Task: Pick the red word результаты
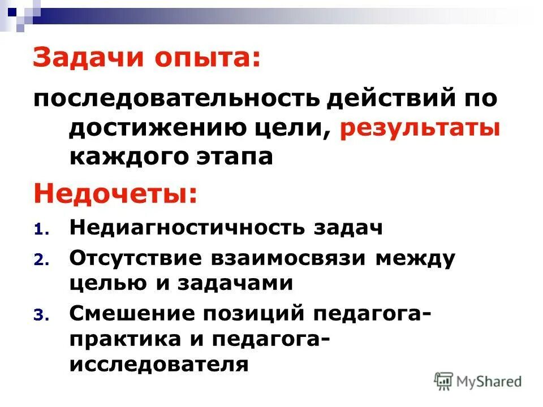pyautogui.click(x=420, y=129)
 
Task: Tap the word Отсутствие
pyautogui.click(x=136, y=258)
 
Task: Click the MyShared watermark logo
pyautogui.click(x=479, y=381)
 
